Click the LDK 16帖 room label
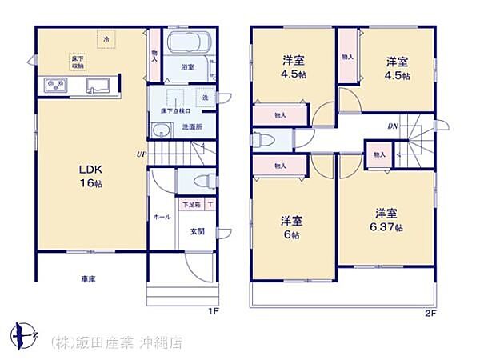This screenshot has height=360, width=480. [90, 176]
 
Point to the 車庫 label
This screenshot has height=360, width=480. [88, 279]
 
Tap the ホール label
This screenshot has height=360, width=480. [160, 216]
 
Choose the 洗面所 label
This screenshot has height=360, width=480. [191, 126]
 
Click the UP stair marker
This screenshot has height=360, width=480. [141, 154]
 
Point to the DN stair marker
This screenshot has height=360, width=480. [394, 126]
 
